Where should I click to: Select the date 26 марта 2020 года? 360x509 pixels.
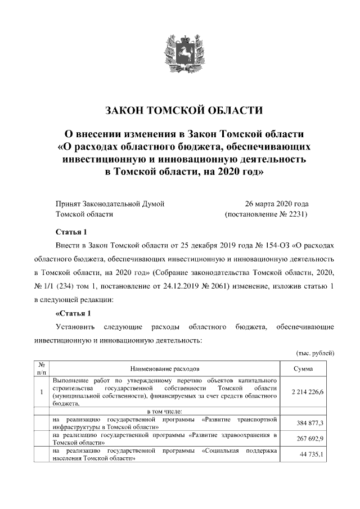[x=276, y=204]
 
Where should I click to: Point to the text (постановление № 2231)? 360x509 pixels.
[x=266, y=214]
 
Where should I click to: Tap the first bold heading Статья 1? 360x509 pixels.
[x=71, y=232]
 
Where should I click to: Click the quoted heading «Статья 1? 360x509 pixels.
[x=73, y=313]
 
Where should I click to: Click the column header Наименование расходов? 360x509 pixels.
[x=164, y=369]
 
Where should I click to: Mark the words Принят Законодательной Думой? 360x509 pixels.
[x=110, y=204]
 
